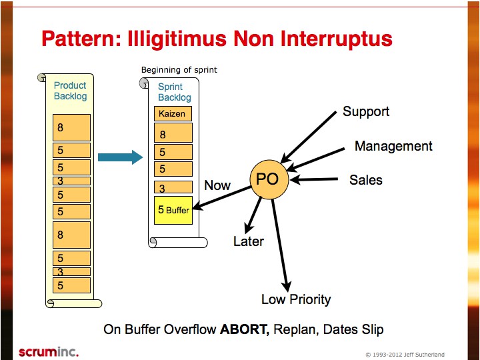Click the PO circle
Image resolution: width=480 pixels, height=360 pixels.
[269, 179]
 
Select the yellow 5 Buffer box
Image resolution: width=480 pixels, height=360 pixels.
[173, 210]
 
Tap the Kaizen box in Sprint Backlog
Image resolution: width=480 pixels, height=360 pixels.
[173, 113]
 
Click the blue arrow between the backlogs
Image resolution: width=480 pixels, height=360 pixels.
[120, 157]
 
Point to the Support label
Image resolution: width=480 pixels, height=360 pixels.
[366, 112]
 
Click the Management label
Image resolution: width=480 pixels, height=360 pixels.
[393, 146]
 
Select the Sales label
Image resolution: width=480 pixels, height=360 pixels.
[366, 180]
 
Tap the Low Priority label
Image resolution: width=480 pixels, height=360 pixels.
[296, 299]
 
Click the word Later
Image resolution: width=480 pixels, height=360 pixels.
[249, 241]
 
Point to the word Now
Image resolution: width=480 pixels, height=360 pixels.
[217, 185]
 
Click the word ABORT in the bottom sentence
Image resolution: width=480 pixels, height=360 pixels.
[245, 329]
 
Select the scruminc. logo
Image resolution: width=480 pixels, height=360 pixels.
[49, 352]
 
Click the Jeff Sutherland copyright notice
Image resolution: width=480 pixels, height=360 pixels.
[405, 355]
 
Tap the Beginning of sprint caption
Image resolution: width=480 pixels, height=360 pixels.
[179, 70]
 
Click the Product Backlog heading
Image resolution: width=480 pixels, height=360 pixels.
[70, 91]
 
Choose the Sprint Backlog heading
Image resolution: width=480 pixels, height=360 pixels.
[175, 92]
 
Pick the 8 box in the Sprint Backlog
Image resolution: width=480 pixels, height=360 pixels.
[173, 133]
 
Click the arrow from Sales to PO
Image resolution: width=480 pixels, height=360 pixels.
[314, 180]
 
